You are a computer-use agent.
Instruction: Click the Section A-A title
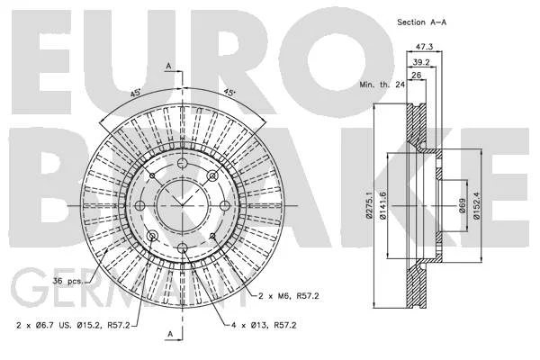point(421,22)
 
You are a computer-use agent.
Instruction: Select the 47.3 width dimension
point(424,47)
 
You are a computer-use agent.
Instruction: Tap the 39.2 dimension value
point(421,62)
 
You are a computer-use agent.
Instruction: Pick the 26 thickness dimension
point(417,75)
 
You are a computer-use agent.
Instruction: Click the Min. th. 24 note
point(382,85)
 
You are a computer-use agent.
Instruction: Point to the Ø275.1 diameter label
point(369,205)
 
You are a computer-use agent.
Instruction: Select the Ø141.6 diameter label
point(383,206)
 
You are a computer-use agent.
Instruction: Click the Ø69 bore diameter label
point(463,206)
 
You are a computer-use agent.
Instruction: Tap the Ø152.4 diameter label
point(477,206)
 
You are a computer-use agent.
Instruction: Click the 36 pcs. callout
point(67,281)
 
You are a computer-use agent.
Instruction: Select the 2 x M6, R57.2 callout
point(289,296)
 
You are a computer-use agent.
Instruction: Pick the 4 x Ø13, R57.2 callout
point(264,325)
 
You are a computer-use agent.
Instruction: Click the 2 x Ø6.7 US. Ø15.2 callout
point(73,325)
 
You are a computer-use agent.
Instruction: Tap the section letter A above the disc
point(168,66)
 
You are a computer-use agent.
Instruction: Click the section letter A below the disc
point(170,334)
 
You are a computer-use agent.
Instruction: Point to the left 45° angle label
point(135,93)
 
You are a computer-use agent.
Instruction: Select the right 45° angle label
point(229,93)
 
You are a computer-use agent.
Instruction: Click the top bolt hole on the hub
point(182,163)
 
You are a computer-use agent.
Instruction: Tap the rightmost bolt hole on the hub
point(224,206)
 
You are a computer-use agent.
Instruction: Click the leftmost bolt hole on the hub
point(139,206)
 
